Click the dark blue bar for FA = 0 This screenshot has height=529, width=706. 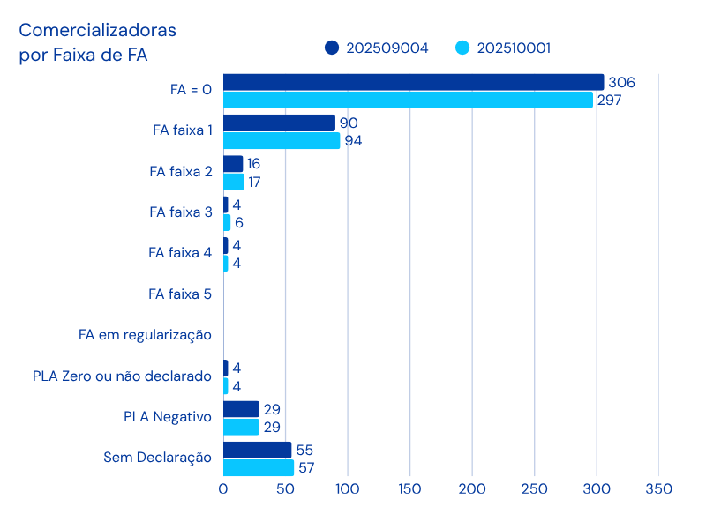click(x=413, y=82)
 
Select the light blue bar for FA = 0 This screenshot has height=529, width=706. click(x=408, y=100)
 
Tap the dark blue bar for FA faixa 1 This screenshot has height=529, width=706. click(x=279, y=123)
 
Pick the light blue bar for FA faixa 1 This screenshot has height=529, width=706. click(x=282, y=140)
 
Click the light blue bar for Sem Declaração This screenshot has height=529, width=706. click(x=259, y=467)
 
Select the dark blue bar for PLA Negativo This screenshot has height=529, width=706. click(x=241, y=409)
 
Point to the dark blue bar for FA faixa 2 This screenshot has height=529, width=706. click(x=233, y=164)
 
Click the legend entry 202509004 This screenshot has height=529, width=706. click(x=377, y=48)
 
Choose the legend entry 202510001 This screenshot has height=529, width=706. click(x=504, y=48)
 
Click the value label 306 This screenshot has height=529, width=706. click(x=622, y=83)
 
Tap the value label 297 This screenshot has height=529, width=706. click(x=609, y=101)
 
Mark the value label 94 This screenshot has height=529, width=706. click(x=353, y=141)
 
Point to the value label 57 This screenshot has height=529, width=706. click(x=307, y=467)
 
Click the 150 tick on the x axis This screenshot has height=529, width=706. click(x=409, y=488)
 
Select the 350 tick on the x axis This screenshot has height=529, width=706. click(x=658, y=488)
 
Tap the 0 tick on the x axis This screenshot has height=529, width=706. click(x=223, y=488)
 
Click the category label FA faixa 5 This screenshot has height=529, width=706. click(x=180, y=294)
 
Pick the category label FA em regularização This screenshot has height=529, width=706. click(x=145, y=335)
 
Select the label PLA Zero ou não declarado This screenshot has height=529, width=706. click(x=122, y=376)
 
